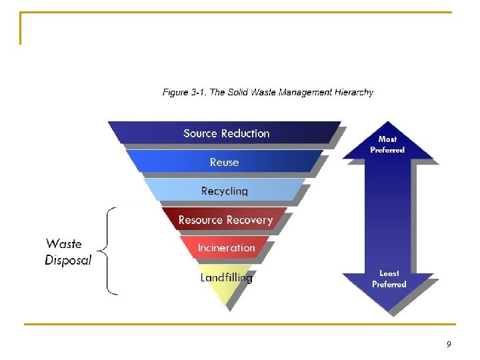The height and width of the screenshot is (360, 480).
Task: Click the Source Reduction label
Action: [x=227, y=133]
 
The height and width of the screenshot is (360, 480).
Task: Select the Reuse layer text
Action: [x=224, y=162]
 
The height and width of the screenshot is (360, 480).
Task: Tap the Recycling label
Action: [x=225, y=191]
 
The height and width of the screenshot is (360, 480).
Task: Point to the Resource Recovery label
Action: [x=225, y=220]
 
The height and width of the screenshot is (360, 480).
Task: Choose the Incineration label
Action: [x=226, y=248]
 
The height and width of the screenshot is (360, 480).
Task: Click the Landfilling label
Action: [x=226, y=277]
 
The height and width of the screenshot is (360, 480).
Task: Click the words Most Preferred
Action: [x=387, y=144]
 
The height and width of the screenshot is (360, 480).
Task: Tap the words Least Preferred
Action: [x=389, y=279]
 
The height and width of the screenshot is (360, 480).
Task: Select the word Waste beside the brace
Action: [x=64, y=244]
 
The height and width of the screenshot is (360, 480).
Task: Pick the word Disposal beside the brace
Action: [x=68, y=260]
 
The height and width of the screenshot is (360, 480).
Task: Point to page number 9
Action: [x=449, y=345]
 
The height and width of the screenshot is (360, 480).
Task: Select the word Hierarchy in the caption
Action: [x=352, y=93]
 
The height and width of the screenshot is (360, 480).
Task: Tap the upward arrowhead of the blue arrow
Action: [x=388, y=138]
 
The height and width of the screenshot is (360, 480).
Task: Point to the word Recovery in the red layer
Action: [x=249, y=220]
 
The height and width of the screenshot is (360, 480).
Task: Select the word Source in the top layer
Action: [x=200, y=133]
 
